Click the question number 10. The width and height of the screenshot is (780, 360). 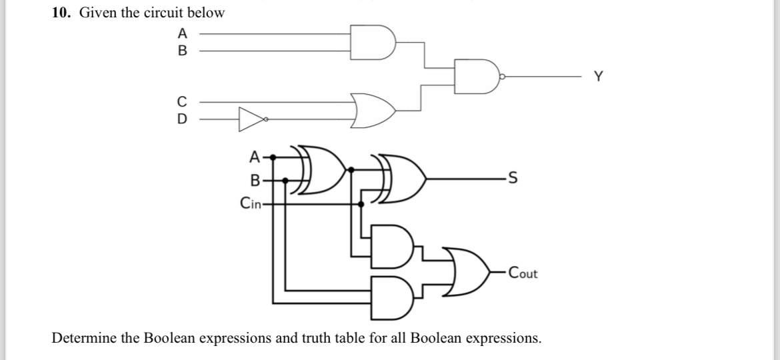61,13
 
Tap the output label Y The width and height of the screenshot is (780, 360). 598,77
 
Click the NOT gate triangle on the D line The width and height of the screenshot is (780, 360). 251,120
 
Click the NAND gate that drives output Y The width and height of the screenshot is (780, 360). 477,76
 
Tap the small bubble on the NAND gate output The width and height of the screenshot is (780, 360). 503,77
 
